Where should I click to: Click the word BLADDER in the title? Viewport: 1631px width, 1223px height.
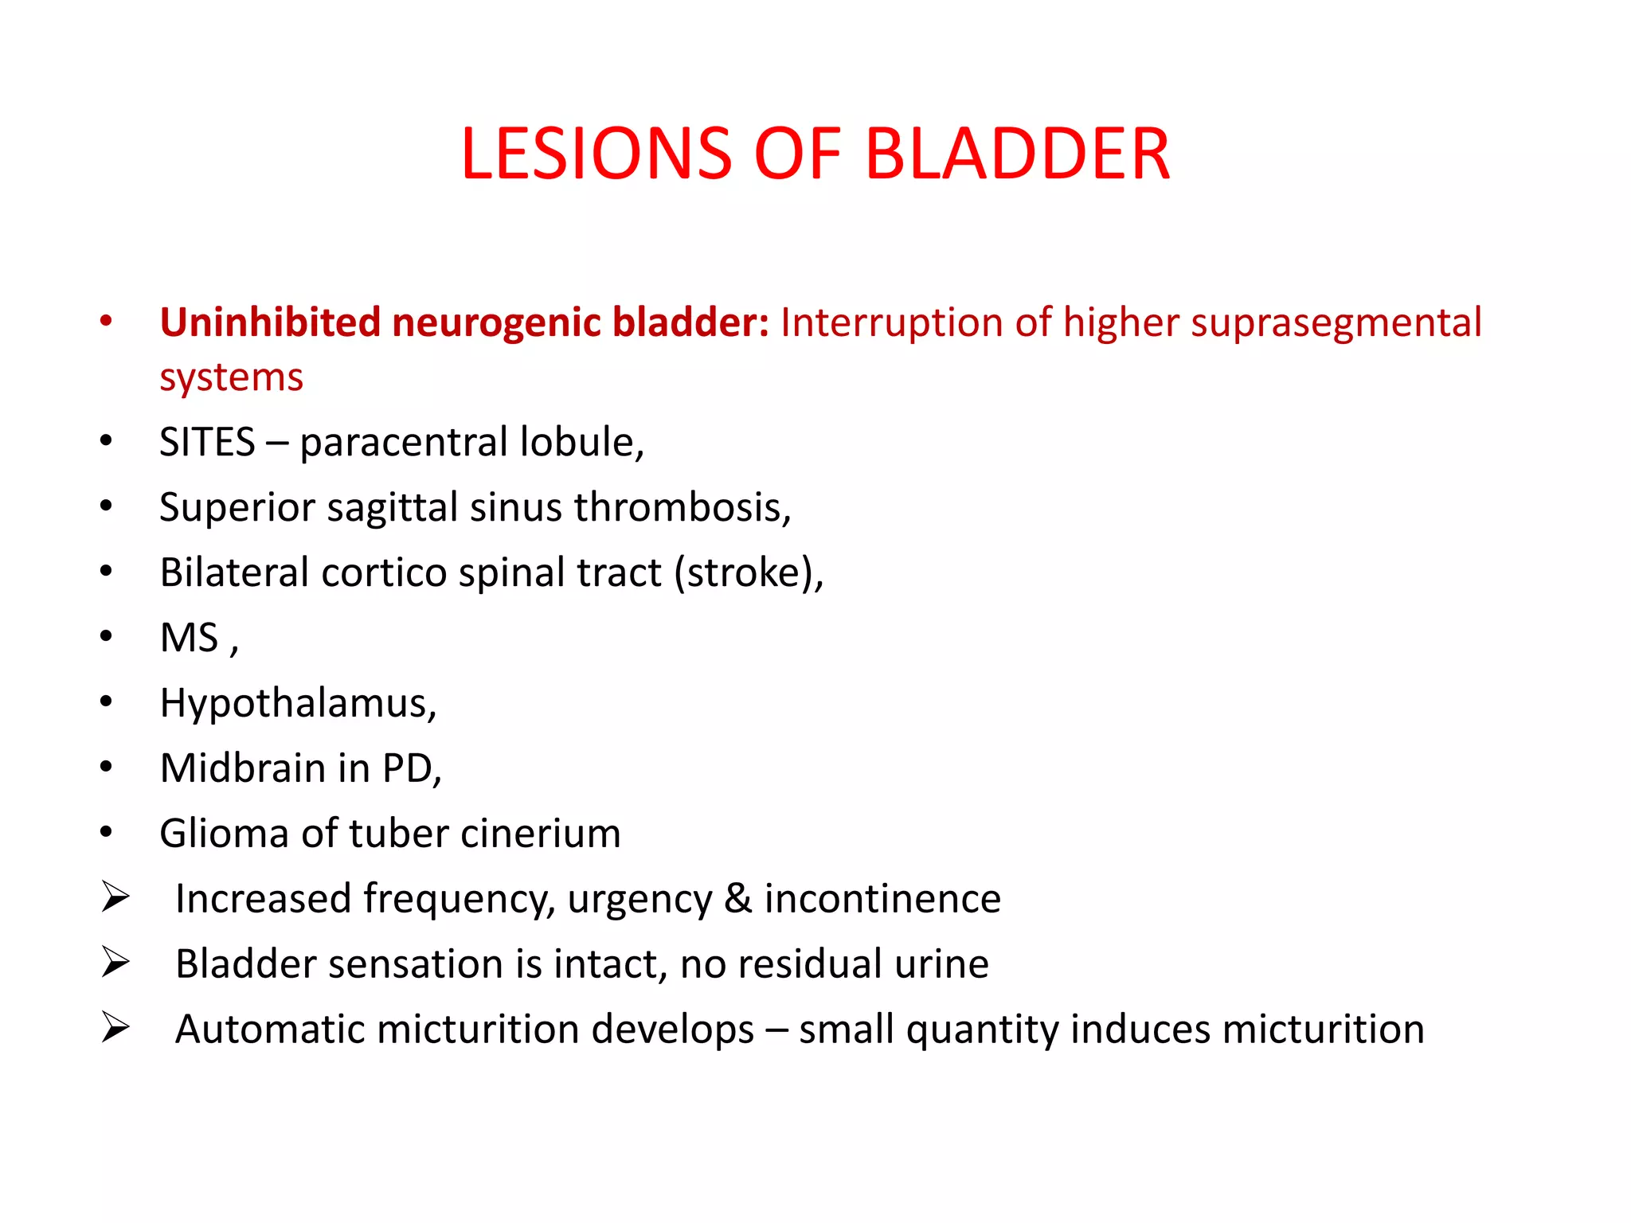1017,154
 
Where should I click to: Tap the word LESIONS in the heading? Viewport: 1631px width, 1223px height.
596,154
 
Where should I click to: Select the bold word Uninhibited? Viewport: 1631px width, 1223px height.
270,322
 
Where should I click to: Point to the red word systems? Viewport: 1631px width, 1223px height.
231,377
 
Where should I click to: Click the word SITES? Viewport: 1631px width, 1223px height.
207,442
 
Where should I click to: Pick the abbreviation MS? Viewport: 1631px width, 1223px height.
189,638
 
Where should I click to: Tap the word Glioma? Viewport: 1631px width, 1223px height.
224,834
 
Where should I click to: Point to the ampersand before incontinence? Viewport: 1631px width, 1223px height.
738,899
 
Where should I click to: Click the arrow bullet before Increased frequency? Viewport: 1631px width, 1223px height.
115,897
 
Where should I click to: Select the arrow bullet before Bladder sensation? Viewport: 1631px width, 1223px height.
115,963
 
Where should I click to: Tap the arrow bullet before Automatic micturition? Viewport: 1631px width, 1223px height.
115,1028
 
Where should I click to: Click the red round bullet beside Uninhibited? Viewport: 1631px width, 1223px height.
106,322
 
